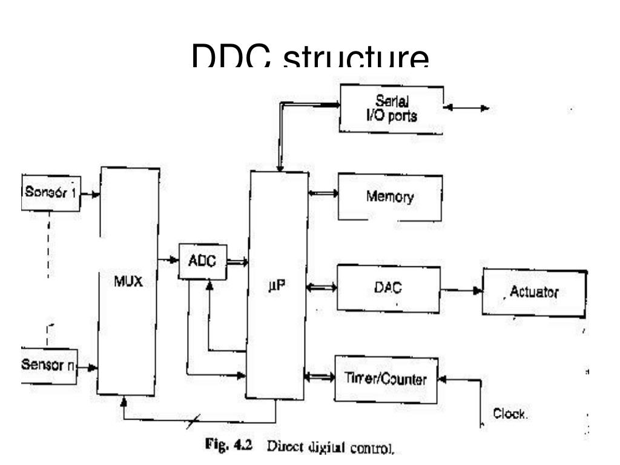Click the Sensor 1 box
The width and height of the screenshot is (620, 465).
coord(51,193)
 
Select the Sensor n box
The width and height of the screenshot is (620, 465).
coord(49,366)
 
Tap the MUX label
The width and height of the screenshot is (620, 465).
coord(128,282)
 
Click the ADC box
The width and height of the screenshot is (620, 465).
coord(202,262)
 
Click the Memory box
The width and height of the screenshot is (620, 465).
coord(389,197)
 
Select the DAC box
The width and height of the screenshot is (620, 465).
coord(388,288)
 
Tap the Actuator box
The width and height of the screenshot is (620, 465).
coord(533,292)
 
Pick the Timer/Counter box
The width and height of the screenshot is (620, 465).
coord(386,380)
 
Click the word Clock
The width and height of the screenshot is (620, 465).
coord(510,415)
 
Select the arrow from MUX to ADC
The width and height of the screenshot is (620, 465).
coord(168,260)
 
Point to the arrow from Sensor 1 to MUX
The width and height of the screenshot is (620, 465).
coord(90,195)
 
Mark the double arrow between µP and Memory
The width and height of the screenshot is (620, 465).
coord(322,194)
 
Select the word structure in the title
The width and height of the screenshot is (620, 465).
coord(357,59)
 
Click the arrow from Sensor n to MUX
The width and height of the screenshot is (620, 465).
coord(87,367)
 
